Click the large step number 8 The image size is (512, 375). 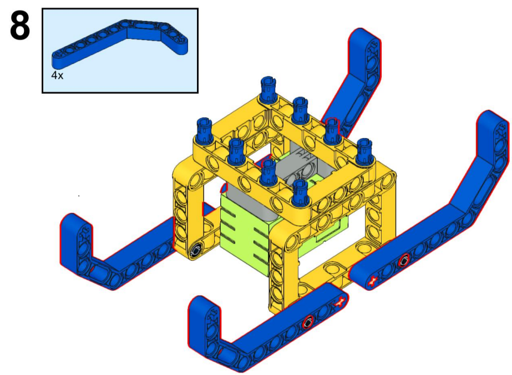(20, 26)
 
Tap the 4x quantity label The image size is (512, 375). (57, 75)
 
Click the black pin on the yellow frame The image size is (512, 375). (196, 251)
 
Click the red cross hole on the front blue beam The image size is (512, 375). (339, 303)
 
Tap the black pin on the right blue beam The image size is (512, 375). (404, 260)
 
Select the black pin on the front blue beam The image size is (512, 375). (308, 322)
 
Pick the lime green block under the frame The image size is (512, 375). (245, 235)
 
